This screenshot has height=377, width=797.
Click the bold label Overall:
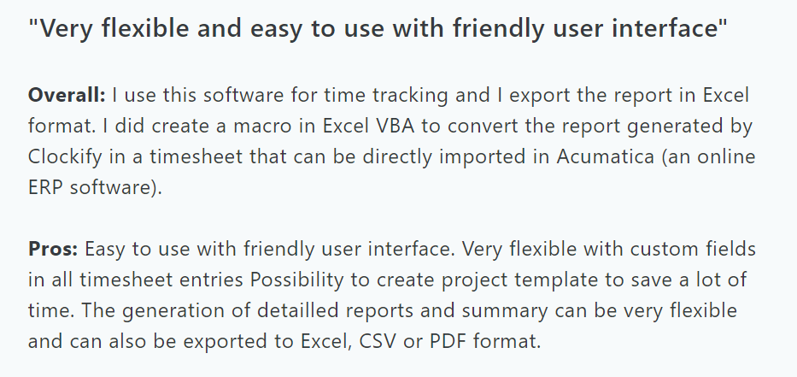67,95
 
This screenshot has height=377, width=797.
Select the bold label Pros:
53,250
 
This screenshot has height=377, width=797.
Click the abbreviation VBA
396,127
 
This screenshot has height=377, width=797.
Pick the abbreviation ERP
45,188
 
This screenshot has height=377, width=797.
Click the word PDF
448,341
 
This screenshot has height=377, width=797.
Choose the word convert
483,127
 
